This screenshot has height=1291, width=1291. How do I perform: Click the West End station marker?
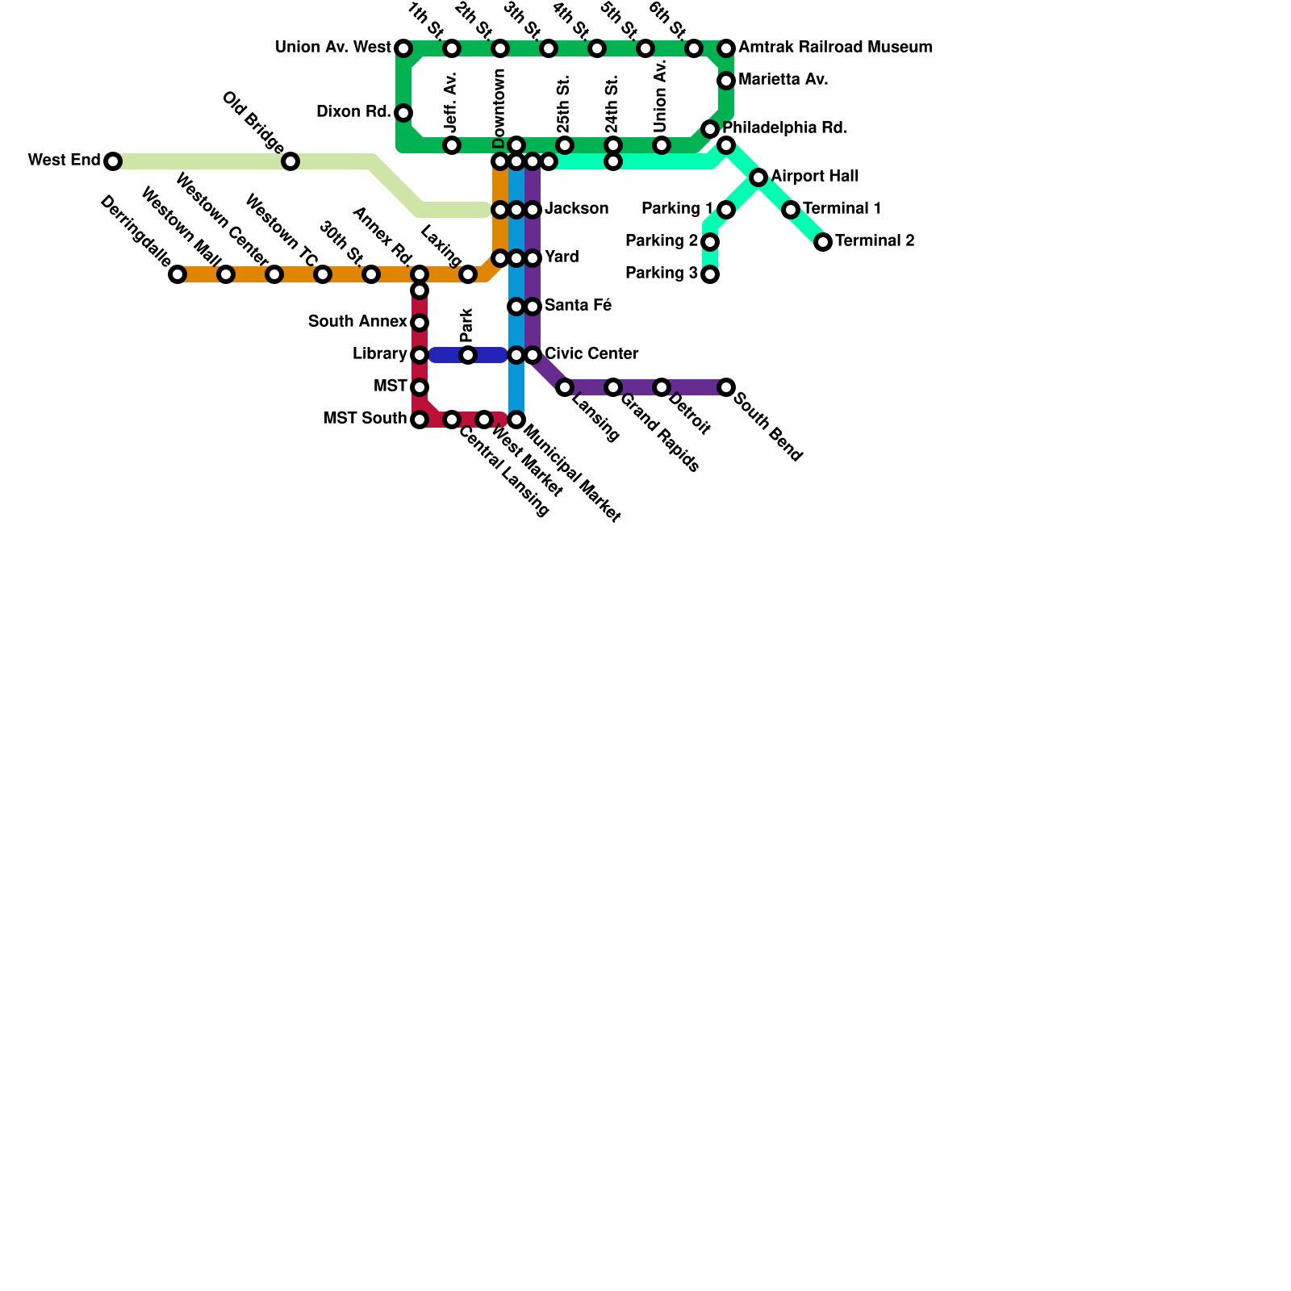point(113,161)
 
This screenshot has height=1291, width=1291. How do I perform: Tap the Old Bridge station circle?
point(290,161)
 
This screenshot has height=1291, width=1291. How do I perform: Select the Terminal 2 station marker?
point(823,242)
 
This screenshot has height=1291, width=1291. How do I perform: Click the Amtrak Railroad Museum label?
point(835,48)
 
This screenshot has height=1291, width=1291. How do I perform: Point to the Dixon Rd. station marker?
point(403,113)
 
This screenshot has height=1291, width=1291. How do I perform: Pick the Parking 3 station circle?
point(710,274)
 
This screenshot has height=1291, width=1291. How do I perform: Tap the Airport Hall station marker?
point(758,178)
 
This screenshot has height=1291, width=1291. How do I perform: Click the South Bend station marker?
point(726,387)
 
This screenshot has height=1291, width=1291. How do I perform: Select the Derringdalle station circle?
point(178,274)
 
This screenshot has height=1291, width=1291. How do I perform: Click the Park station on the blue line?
point(468,355)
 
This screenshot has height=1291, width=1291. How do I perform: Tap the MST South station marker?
point(420,420)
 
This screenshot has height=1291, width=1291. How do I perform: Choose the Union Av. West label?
point(332,48)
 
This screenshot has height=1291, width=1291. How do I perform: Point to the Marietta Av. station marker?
point(726,81)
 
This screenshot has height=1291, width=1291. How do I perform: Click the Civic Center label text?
point(591,354)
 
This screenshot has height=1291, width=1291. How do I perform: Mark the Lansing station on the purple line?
point(565,387)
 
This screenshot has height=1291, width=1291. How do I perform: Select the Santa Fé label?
point(578,306)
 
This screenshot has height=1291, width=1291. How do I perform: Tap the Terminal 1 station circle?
point(791,210)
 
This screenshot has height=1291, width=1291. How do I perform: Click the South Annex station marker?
point(420,323)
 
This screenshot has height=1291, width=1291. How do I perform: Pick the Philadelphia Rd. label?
point(784,128)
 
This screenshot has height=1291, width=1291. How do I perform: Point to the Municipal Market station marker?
point(516,420)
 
